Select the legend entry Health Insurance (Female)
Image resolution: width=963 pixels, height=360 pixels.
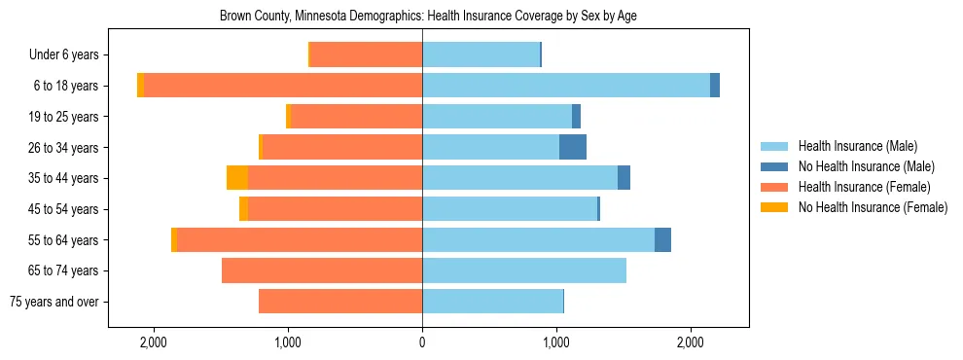(864, 187)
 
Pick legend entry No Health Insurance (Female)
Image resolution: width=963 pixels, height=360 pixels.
(873, 207)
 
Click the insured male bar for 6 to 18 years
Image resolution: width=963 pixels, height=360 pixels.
(566, 86)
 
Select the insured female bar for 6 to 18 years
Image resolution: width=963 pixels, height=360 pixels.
(283, 86)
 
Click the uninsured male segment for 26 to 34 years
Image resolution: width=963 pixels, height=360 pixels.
(573, 147)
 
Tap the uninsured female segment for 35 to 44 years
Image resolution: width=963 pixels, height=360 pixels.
(237, 178)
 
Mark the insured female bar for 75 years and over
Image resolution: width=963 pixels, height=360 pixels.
(340, 302)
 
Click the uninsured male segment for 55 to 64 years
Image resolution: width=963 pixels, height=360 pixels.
(662, 239)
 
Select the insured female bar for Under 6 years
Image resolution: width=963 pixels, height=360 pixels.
(366, 54)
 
